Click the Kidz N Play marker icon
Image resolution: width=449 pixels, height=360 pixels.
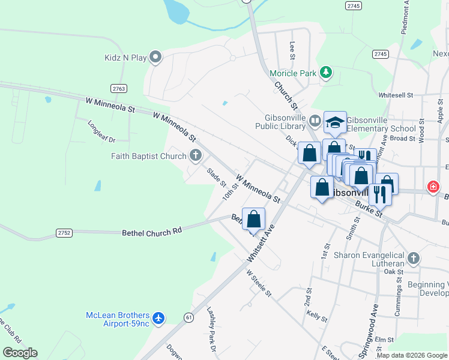point(156,58)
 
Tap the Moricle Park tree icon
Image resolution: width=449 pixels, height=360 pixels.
point(326,73)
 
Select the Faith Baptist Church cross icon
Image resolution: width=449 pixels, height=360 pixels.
point(195,156)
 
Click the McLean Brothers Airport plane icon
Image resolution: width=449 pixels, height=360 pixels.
point(158,317)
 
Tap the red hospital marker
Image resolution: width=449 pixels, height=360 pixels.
point(433,187)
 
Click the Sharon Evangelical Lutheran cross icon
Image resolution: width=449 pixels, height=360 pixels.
point(412,259)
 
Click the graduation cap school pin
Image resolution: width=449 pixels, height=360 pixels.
point(335,123)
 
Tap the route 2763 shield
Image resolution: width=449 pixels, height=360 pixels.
point(119,89)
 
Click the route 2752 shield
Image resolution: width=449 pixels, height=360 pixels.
point(64,233)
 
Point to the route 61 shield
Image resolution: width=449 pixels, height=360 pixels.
point(189,317)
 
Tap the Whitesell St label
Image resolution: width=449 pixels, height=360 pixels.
point(396,95)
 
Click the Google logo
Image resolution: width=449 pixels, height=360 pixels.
point(20,353)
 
